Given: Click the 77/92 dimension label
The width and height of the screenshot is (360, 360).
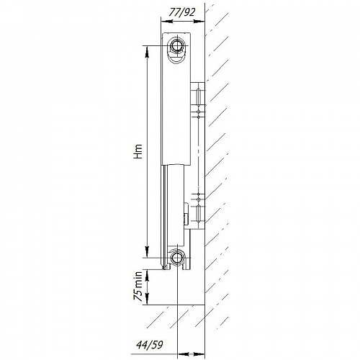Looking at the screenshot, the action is click(x=181, y=12).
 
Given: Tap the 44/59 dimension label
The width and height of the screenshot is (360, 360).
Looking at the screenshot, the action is click(x=150, y=345).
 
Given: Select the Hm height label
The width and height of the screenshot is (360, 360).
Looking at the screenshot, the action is click(x=138, y=151).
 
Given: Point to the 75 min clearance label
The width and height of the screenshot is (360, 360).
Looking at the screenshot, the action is click(x=138, y=287).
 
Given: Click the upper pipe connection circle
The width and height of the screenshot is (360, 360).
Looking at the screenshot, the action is click(x=177, y=45).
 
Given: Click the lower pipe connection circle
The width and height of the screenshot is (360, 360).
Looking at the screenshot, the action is click(x=177, y=258).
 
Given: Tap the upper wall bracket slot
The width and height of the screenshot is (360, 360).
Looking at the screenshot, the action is click(x=198, y=97).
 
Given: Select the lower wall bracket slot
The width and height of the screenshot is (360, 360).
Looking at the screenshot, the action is click(x=198, y=214).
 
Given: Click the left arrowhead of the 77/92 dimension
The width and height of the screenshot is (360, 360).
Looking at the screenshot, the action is click(x=166, y=22).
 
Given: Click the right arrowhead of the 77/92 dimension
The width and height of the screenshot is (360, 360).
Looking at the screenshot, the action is click(x=199, y=22).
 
